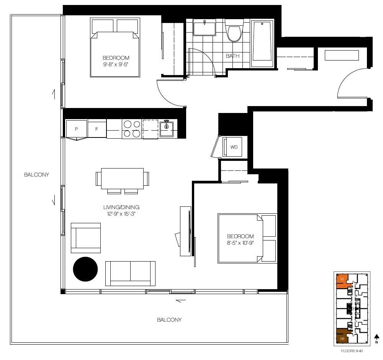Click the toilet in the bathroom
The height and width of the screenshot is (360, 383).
coord(233,31)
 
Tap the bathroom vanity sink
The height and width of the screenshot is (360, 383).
coord(204,29)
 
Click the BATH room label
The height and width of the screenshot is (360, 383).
coord(232,56)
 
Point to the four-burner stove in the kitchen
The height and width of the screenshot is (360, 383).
coord(132,129)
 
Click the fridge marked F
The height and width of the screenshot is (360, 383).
coord(97,129)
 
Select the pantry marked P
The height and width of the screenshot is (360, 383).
coord(77,129)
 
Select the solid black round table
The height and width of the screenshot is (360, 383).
coord(86,270)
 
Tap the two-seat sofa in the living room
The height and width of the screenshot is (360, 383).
coord(130,273)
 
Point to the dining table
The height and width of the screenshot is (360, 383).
coord(122,178)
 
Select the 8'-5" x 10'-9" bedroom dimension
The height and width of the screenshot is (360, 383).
coord(241,243)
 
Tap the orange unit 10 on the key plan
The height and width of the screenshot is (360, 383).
coord(342,280)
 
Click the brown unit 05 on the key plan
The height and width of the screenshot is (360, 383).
coord(342,337)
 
